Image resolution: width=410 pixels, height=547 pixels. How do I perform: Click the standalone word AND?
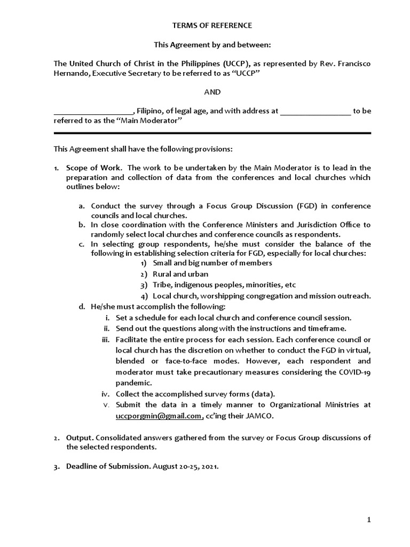click(212, 92)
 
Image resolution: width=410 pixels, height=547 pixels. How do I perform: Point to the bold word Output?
click(79, 437)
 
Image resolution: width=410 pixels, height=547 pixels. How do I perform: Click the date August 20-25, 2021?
click(186, 466)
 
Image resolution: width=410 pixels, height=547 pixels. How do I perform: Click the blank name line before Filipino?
click(93, 112)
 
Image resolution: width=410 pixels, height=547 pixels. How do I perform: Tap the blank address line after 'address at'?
click(315, 112)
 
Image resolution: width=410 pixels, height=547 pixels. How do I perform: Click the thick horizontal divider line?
click(212, 133)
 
